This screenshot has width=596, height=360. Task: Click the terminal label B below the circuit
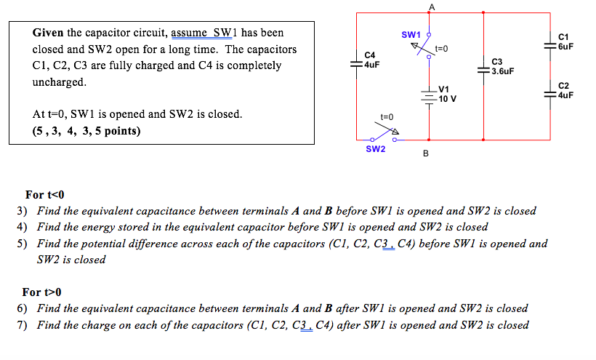point(426,153)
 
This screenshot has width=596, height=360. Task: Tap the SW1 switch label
point(411,35)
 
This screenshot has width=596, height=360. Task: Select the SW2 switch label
point(376,149)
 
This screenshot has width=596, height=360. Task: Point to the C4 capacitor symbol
point(357,64)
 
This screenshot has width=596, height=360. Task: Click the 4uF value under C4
point(371,64)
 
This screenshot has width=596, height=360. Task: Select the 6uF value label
point(565,45)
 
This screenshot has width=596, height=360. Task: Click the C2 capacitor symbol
point(549,94)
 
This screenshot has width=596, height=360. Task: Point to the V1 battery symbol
point(430,95)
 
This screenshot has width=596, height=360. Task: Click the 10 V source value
point(448,98)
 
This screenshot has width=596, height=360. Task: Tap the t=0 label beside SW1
point(442,49)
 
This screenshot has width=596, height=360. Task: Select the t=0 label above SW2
point(387,116)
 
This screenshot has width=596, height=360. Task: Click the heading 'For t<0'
point(44,195)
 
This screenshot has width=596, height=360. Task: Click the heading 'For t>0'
point(42,292)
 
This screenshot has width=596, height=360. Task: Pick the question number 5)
point(22,244)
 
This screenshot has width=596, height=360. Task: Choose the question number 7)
point(22,325)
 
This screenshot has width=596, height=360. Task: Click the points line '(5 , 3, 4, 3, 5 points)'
point(86,131)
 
